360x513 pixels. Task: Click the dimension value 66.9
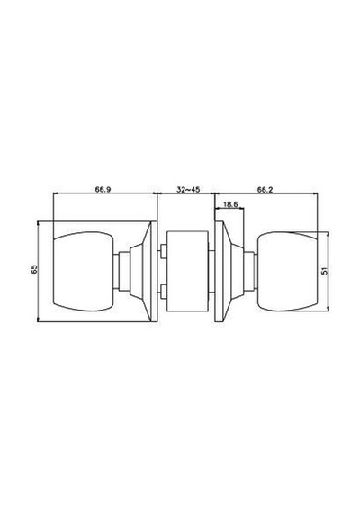[x=103, y=189]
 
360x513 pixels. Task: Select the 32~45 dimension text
[x=188, y=189]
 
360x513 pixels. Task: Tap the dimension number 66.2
[x=265, y=189]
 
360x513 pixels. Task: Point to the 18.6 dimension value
[x=230, y=205]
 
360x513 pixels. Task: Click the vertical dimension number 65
[x=34, y=269]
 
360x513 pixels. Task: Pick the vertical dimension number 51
[x=324, y=271]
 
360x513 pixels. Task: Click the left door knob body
[x=83, y=271]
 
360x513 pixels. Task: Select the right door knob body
[x=288, y=271]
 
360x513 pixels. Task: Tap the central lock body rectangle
[x=187, y=271]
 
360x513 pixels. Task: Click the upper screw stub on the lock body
[x=162, y=252]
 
